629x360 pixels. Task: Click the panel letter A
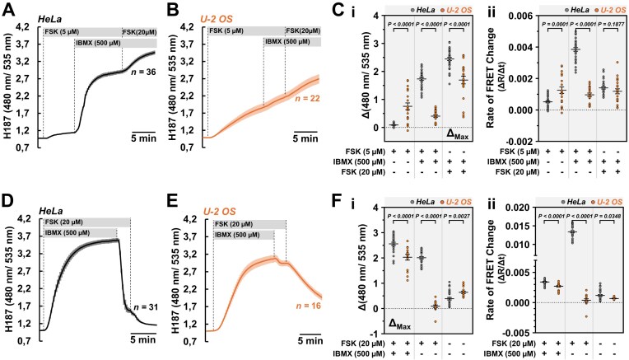point(7,9)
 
